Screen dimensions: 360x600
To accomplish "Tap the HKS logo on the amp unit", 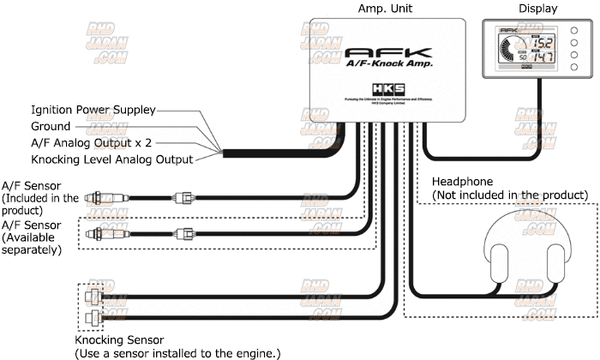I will click(x=385, y=88).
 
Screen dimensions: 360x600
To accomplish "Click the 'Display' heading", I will click(x=538, y=8).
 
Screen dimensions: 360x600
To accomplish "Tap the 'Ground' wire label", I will click(x=51, y=126).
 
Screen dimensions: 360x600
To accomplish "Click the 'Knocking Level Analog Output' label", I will click(x=111, y=159).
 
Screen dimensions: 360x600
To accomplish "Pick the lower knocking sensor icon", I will click(x=93, y=321).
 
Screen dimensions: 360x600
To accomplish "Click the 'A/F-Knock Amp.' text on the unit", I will click(x=387, y=65).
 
